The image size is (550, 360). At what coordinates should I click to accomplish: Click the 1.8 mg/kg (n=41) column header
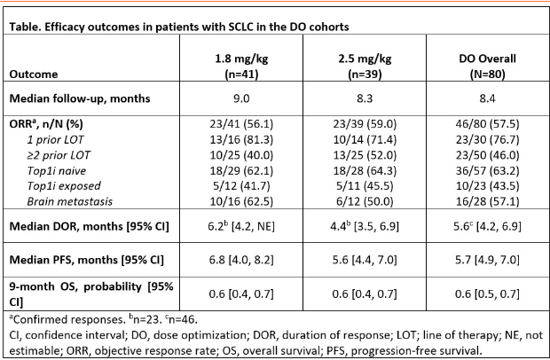pyautogui.click(x=241, y=67)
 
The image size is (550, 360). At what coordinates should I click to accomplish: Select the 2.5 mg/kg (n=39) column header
pyautogui.click(x=365, y=67)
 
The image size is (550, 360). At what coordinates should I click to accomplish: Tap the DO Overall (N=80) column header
pyautogui.click(x=488, y=67)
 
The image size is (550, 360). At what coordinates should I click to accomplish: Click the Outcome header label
pyautogui.click(x=34, y=74)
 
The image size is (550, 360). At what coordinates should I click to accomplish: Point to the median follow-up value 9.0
pyautogui.click(x=241, y=98)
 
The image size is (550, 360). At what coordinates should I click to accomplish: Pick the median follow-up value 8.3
pyautogui.click(x=365, y=98)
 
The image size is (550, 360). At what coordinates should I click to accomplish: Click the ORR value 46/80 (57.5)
pyautogui.click(x=488, y=124)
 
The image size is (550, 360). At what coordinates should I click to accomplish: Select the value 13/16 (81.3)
pyautogui.click(x=241, y=139)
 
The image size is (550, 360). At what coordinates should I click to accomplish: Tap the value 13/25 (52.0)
pyautogui.click(x=365, y=155)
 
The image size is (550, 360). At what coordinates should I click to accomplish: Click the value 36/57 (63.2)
pyautogui.click(x=488, y=171)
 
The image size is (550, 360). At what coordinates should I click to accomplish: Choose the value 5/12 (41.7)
pyautogui.click(x=241, y=186)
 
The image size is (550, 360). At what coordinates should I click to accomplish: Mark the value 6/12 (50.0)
pyautogui.click(x=365, y=201)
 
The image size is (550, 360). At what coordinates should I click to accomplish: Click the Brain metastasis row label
pyautogui.click(x=70, y=201)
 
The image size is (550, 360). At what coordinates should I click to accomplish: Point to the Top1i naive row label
pyautogui.click(x=57, y=171)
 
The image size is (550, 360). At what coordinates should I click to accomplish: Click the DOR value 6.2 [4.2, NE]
pyautogui.click(x=241, y=226)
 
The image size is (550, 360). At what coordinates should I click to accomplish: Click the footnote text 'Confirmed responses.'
pyautogui.click(x=67, y=319)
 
